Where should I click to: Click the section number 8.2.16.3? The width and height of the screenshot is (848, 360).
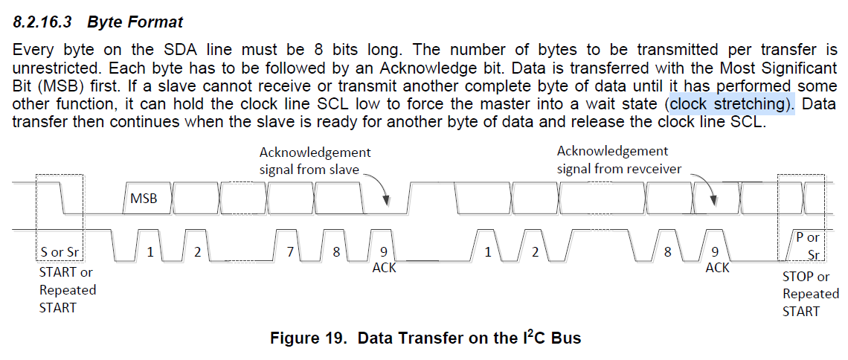[x=44, y=22]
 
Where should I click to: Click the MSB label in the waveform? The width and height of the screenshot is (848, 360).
[x=144, y=199]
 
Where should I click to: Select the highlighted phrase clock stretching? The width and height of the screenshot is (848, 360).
[x=731, y=104]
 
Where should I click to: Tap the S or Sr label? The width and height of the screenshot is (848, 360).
[x=61, y=252]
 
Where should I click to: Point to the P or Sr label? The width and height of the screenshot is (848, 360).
[x=806, y=245]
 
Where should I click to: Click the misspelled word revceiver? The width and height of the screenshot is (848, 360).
[x=652, y=169]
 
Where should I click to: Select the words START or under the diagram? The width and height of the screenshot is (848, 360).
[x=65, y=272]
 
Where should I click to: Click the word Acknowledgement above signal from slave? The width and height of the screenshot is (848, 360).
[x=315, y=152]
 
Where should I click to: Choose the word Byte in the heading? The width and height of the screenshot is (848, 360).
[x=105, y=22]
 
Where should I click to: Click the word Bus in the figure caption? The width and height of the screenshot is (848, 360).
[x=565, y=338]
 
